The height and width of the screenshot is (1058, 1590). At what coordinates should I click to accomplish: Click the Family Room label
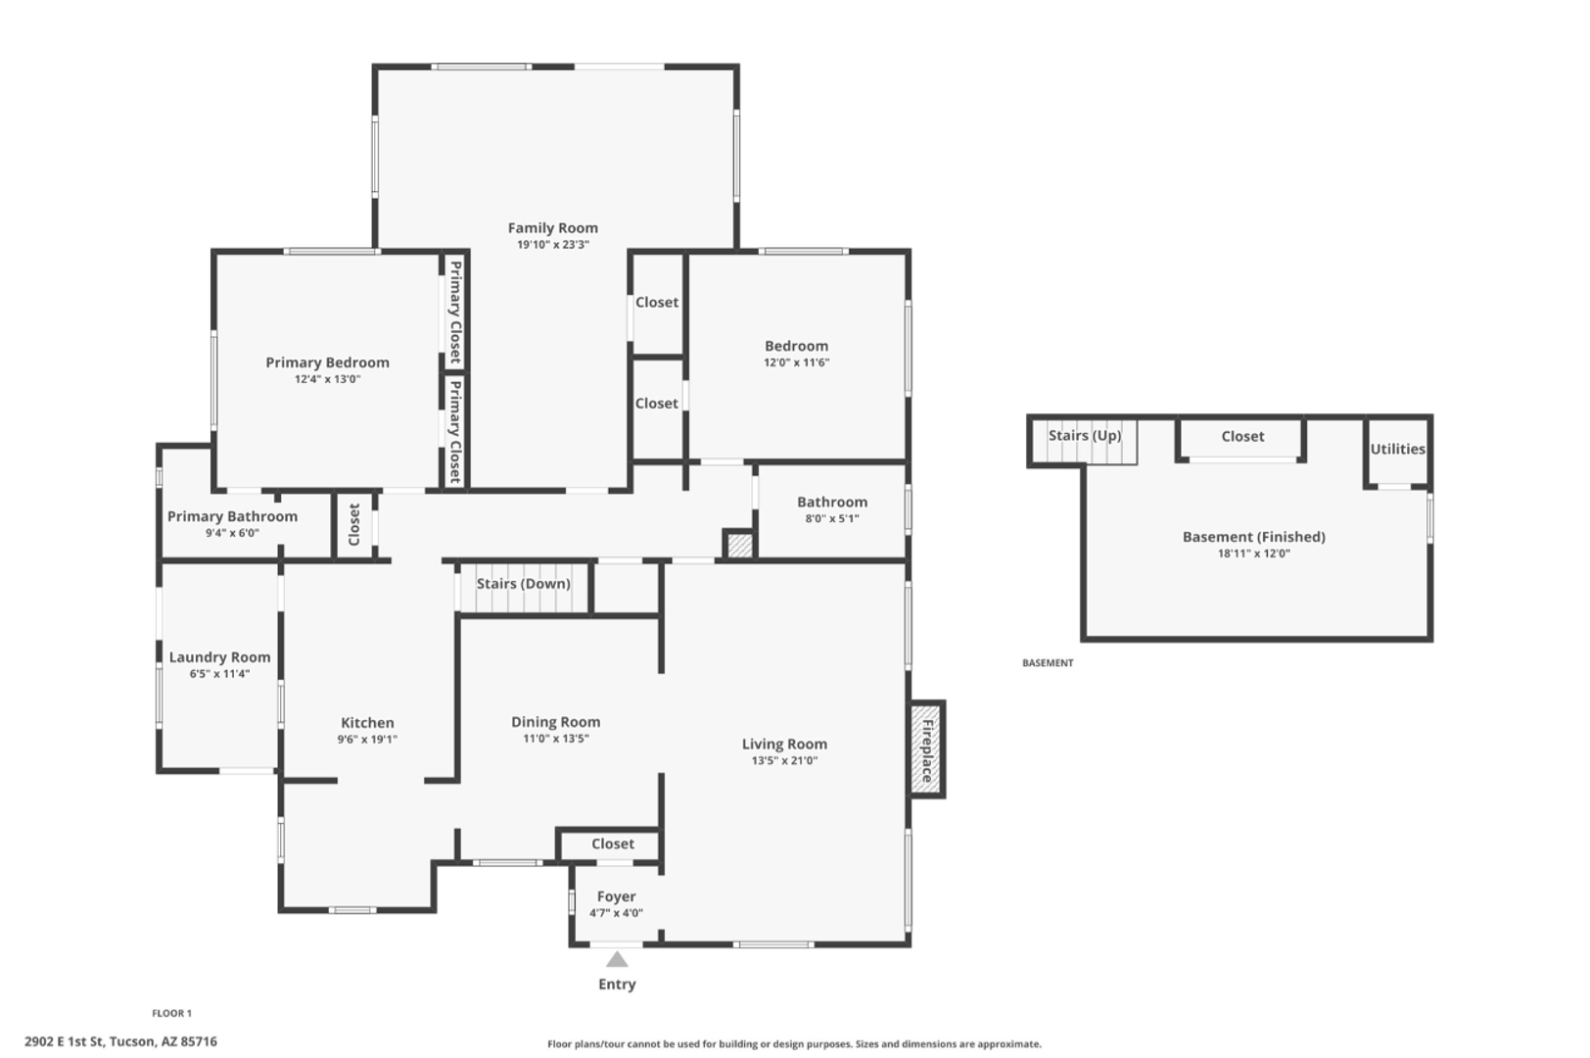click(552, 228)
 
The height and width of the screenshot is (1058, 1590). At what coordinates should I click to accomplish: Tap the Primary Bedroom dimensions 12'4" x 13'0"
click(327, 379)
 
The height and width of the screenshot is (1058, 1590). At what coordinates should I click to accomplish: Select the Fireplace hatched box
click(926, 749)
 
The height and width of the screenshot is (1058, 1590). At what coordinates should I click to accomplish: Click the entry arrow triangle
click(617, 959)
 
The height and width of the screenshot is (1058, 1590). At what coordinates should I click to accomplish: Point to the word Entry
click(617, 985)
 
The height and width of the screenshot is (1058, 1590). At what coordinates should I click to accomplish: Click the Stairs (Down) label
click(523, 584)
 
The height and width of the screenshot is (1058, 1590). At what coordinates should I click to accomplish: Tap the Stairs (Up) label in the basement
click(1085, 435)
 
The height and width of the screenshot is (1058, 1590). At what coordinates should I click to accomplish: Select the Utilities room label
click(1397, 449)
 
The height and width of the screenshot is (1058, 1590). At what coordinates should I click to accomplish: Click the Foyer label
click(616, 896)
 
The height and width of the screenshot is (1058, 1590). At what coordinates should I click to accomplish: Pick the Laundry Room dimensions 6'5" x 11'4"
click(219, 674)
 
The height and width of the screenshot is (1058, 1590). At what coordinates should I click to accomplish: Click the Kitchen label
click(367, 723)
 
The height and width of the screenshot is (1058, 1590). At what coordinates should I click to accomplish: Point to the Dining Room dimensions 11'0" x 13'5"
click(556, 739)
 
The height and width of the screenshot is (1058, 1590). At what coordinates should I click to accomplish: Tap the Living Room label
click(784, 745)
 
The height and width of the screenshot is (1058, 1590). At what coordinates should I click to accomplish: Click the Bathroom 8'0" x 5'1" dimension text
click(832, 518)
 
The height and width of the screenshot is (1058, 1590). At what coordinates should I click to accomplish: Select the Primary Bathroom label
click(232, 517)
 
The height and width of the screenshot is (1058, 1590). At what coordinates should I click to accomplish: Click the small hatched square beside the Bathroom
click(739, 546)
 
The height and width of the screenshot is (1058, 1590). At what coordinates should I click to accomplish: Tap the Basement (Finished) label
click(1253, 538)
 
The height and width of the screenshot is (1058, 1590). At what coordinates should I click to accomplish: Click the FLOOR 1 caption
click(171, 1013)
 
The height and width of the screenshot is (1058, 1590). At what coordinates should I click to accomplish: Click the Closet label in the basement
click(1242, 437)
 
